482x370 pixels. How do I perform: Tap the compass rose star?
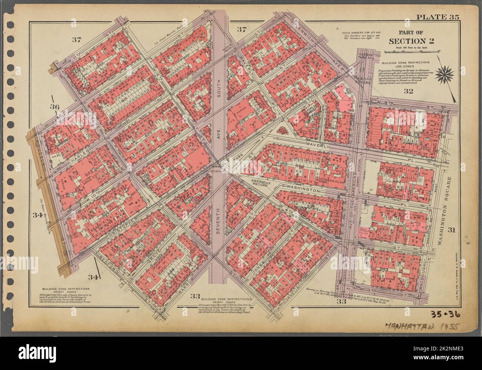(x=443, y=75)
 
